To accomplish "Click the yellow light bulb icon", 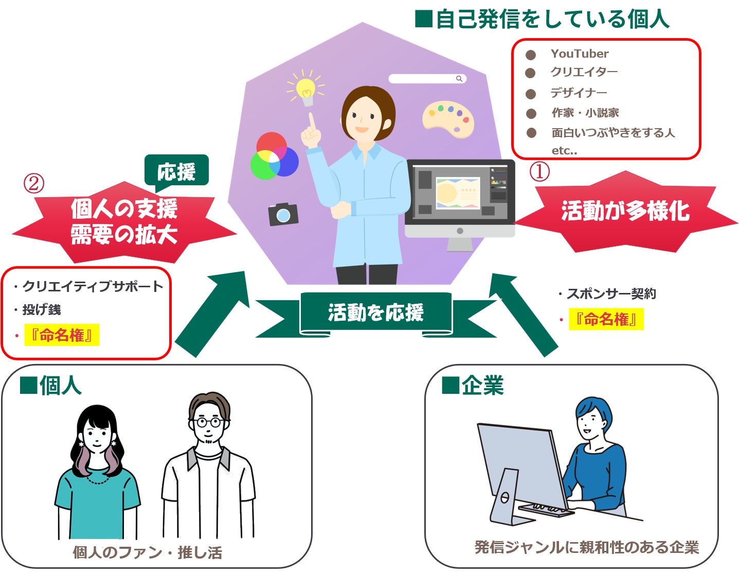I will [x=306, y=90].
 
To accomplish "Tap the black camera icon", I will [x=283, y=214].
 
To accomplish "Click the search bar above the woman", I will [x=427, y=79].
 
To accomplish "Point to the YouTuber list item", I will [x=579, y=54].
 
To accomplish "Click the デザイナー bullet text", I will [x=579, y=93].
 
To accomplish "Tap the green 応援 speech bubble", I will [x=176, y=171].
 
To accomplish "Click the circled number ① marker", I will [x=539, y=171].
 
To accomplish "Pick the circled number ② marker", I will [x=34, y=183].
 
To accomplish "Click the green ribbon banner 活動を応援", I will [x=376, y=313].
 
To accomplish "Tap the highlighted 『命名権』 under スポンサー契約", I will [x=606, y=320].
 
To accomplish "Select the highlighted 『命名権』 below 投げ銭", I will [x=62, y=336].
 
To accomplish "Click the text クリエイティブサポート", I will [x=93, y=287].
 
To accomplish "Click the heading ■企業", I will [x=473, y=385].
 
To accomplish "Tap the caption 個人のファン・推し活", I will [x=148, y=553].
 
